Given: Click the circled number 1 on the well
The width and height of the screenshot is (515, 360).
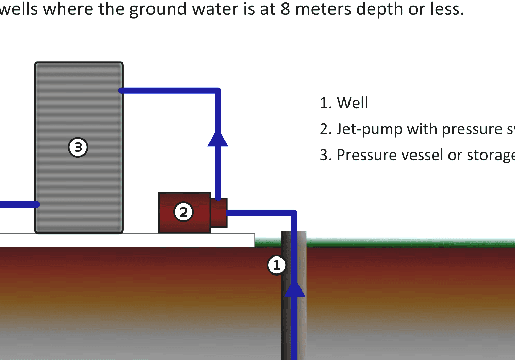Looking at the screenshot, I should coord(276,265).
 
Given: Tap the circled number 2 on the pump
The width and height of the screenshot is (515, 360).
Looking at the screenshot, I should coord(183,212).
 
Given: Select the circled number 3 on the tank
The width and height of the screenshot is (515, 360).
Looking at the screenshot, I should coord(78,148).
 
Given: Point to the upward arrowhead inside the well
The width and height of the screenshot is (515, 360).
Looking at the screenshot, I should coord(295,288).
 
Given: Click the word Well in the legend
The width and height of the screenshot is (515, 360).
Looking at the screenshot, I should coord(352,103).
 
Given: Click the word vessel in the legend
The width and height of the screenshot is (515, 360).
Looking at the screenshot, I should coord(422,155).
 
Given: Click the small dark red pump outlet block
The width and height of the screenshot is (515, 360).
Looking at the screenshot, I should coord(219,213).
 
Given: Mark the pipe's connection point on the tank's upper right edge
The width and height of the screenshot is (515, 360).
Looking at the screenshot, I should coord(122,91).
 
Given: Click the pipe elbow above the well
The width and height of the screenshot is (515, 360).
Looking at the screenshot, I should coord(294,213).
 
